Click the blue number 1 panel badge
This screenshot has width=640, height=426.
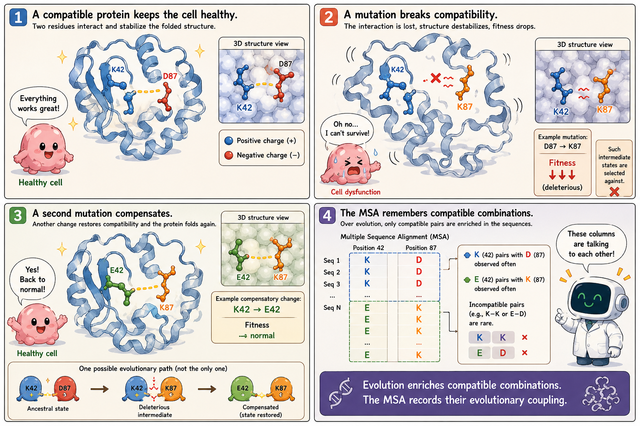coord(18,17)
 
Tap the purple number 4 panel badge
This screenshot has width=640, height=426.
coord(327,215)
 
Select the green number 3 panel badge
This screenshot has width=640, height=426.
coord(18,215)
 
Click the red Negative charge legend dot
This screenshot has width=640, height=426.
coord(229,155)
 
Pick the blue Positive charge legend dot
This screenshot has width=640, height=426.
coord(229,141)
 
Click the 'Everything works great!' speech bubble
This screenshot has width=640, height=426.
coord(39,104)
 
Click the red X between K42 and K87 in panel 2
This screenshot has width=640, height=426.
coord(436,78)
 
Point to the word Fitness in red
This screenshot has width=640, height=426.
coord(562,163)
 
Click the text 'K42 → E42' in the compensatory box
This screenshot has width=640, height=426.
coord(257,309)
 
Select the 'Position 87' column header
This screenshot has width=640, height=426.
coord(421,248)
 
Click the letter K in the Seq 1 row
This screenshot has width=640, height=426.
coord(367,260)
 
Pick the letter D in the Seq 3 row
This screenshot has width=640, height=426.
coord(419,283)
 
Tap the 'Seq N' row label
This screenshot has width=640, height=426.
coord(332,307)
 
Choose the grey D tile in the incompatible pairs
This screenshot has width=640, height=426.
coord(503,353)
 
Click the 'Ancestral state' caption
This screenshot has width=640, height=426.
coord(48,409)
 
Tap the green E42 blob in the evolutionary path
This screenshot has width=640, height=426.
coord(242,389)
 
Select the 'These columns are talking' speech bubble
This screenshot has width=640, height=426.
coord(591,244)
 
